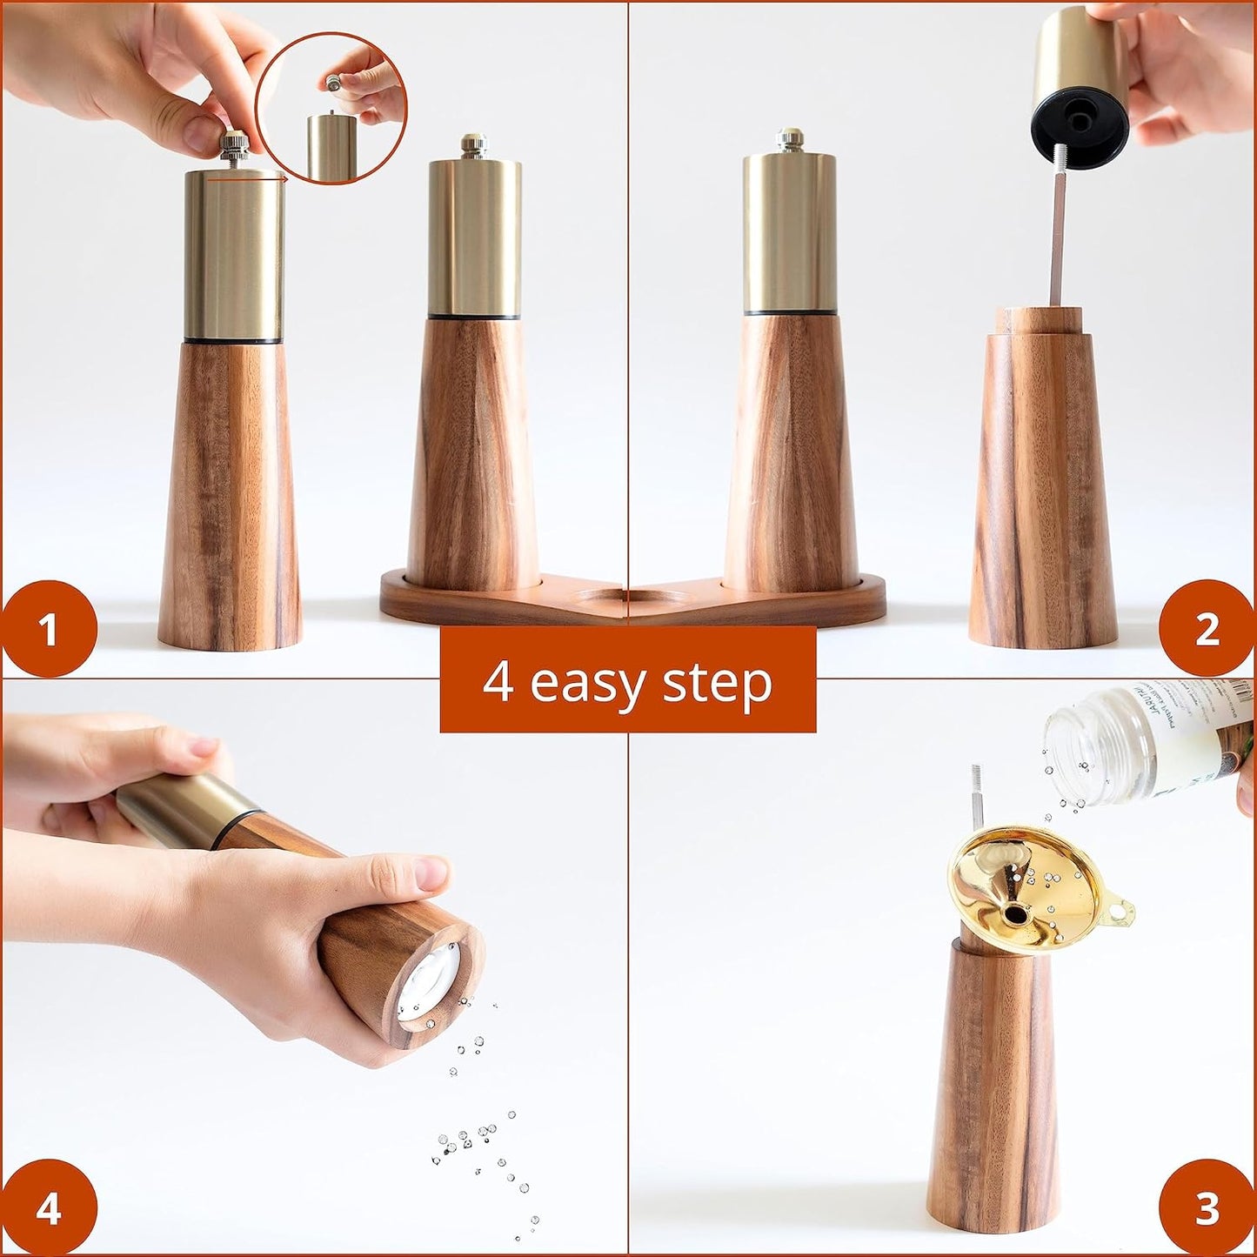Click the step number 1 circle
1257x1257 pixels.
click(x=48, y=628)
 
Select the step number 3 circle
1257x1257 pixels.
click(x=1207, y=1207)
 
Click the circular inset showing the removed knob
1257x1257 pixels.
click(x=331, y=109)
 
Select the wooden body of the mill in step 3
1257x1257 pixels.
click(x=1000, y=1087)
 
